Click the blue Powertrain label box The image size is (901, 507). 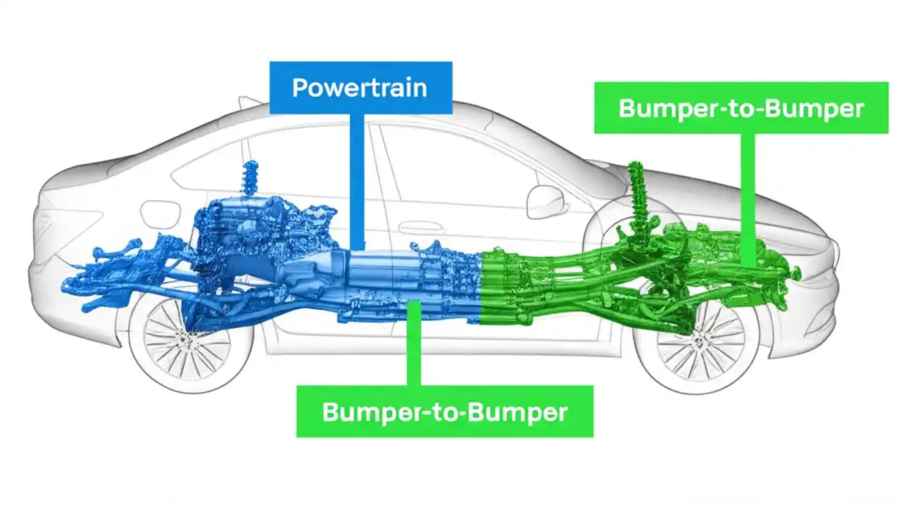(360, 88)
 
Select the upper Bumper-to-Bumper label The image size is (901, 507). (741, 108)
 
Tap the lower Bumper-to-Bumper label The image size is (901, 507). (444, 411)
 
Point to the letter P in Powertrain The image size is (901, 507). (300, 88)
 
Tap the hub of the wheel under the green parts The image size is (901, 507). (698, 342)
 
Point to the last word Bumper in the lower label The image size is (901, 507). (520, 412)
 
